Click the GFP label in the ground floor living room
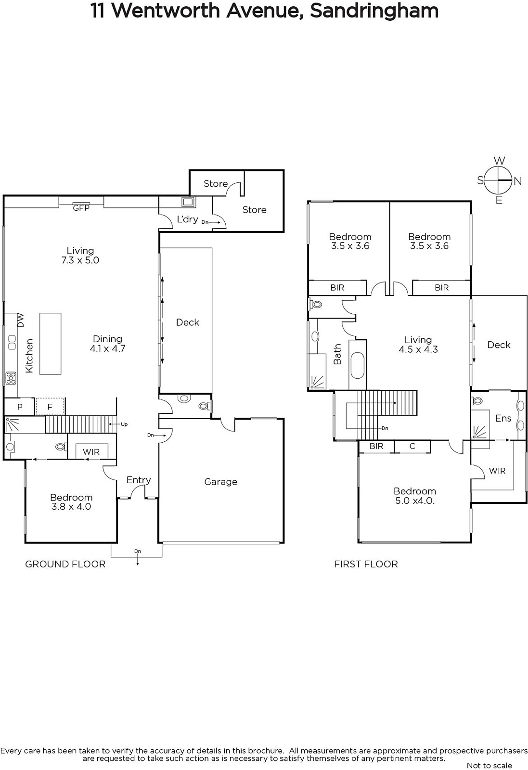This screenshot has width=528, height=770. [81, 208]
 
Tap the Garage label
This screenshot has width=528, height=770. [221, 482]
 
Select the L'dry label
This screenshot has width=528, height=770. [187, 219]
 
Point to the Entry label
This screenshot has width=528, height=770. [139, 480]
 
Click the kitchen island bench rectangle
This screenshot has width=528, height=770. [50, 344]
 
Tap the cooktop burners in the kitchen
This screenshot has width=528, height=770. [11, 378]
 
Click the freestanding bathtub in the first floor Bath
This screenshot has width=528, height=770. [358, 365]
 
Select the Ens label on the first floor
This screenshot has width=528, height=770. [503, 418]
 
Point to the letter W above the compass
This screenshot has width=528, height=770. [500, 161]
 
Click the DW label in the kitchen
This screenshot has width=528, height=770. [21, 320]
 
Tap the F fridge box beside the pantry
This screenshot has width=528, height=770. [50, 407]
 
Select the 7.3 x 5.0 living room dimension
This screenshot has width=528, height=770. [80, 260]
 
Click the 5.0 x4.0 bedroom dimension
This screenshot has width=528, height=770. [415, 501]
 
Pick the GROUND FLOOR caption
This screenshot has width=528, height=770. [65, 564]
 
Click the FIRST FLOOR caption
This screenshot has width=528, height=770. [366, 564]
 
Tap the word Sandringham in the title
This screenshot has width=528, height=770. [374, 12]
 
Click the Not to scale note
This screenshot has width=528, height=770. [489, 765]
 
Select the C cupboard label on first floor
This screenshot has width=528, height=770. [412, 446]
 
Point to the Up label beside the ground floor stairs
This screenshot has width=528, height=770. [124, 424]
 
